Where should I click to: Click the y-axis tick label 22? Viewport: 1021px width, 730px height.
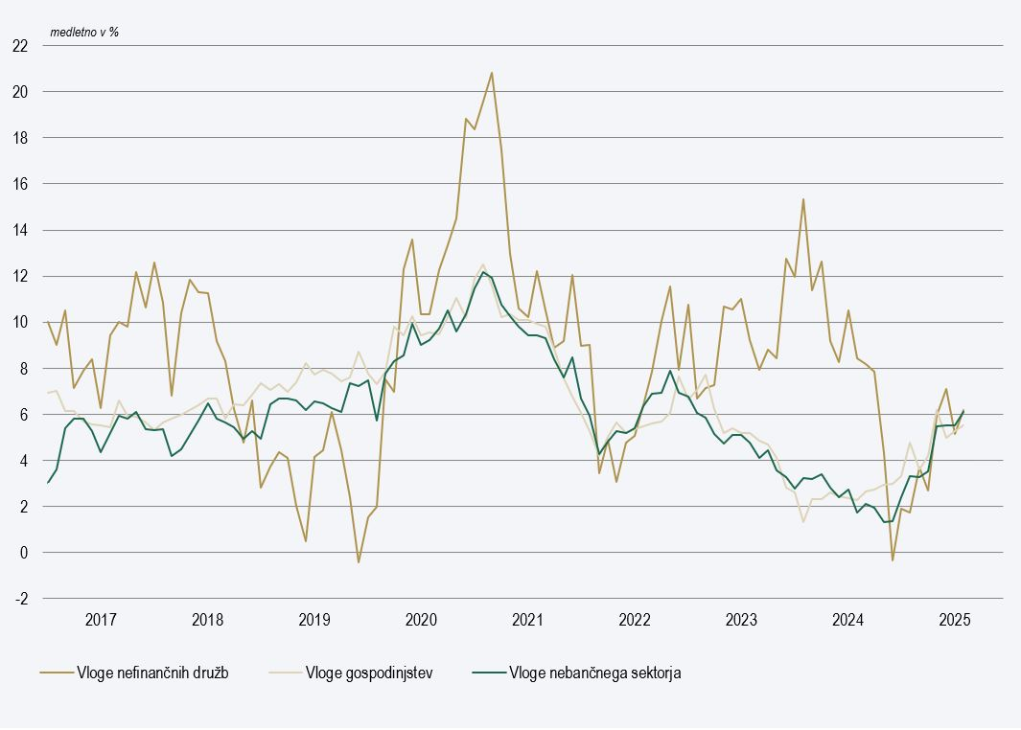(20, 46)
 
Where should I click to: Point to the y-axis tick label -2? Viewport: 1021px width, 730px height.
(20, 599)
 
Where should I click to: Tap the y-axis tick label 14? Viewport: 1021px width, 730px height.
(20, 230)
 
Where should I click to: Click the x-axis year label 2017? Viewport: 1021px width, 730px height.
(101, 619)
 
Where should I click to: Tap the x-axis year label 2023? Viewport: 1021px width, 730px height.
(741, 619)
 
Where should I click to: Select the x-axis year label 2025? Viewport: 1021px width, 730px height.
(955, 619)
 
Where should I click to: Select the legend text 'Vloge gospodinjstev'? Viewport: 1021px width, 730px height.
(369, 673)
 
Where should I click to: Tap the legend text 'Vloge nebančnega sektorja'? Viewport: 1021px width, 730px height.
(594, 673)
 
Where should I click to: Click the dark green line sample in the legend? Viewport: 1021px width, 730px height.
(488, 673)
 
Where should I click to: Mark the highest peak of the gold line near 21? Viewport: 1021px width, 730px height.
(492, 73)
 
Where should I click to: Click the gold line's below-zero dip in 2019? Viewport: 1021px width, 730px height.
(359, 562)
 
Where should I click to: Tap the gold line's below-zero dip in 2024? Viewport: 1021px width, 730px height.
(893, 559)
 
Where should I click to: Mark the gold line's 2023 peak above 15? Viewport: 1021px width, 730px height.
(803, 199)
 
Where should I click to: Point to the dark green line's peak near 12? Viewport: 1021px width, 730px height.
(483, 272)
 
